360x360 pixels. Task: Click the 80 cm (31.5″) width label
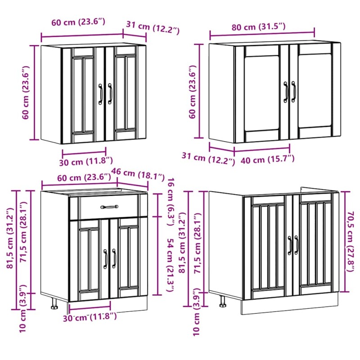[x=258, y=27]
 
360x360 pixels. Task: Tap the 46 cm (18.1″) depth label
[x=138, y=174]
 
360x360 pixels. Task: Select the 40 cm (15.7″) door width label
[x=267, y=159]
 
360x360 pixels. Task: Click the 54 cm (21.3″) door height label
[x=171, y=265]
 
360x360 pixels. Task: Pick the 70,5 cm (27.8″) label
[x=351, y=242]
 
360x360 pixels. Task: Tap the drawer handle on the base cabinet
[x=109, y=207]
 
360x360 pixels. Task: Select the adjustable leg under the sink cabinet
[x=222, y=301]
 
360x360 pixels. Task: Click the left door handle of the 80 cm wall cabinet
[x=286, y=92]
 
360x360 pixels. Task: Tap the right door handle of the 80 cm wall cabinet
[x=294, y=92]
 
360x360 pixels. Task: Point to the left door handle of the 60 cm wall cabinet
[x=100, y=94]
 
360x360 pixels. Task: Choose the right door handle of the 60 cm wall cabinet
[x=110, y=94]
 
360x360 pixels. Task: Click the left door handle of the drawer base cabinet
[x=105, y=259]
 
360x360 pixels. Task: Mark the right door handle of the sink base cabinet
[x=297, y=245]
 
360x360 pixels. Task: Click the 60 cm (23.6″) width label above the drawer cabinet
[x=84, y=177]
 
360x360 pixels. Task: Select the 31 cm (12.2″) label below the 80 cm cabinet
[x=208, y=158]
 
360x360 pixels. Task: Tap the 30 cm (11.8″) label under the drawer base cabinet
[x=90, y=317]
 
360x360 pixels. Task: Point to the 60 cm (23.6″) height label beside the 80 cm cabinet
[x=193, y=92]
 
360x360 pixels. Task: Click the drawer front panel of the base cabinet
[x=109, y=207]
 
